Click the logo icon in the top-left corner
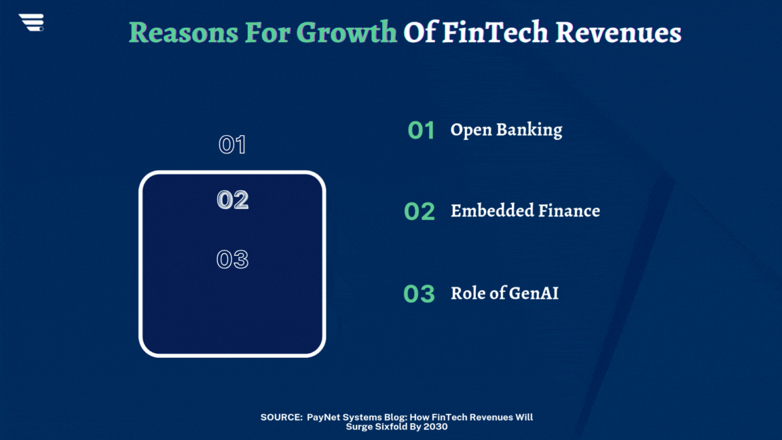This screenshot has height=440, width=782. click(x=31, y=22)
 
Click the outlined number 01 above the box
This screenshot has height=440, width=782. click(x=232, y=145)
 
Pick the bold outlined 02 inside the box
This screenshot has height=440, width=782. click(x=232, y=200)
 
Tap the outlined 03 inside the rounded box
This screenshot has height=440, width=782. click(x=232, y=259)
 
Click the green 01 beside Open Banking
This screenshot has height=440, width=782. click(x=421, y=130)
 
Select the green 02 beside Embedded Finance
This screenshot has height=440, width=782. click(x=420, y=212)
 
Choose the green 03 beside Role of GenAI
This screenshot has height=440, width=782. click(x=419, y=293)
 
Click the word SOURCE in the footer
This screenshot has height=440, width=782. click(x=280, y=417)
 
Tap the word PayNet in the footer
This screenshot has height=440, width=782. click(x=322, y=417)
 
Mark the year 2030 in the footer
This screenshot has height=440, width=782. click(x=436, y=426)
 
